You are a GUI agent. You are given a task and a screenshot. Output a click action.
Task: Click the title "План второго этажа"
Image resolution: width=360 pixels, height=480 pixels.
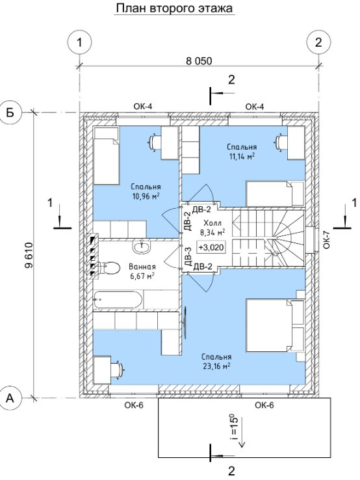(x=174, y=8)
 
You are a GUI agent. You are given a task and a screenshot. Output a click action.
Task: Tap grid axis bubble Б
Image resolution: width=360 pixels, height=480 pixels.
(x=10, y=113)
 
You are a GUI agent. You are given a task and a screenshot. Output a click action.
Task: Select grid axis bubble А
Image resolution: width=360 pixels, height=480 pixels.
(x=10, y=398)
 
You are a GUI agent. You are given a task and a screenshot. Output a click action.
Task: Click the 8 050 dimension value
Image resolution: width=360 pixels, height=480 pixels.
(x=199, y=61)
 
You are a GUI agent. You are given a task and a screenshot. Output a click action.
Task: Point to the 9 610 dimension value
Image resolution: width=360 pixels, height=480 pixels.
(x=29, y=256)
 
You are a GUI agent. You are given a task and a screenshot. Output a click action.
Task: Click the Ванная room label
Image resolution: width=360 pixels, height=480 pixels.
(x=142, y=267)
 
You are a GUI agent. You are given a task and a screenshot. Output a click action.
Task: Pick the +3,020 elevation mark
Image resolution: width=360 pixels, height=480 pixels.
(x=211, y=247)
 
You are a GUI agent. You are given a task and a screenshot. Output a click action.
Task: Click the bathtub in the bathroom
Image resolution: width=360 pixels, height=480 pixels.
(x=118, y=300)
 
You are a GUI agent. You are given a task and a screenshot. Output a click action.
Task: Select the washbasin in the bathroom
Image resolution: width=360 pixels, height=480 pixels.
(x=142, y=247)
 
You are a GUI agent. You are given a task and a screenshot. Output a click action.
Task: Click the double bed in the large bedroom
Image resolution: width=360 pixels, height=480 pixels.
(x=275, y=326)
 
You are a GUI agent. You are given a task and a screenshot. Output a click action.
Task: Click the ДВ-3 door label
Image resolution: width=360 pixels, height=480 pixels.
(x=188, y=256)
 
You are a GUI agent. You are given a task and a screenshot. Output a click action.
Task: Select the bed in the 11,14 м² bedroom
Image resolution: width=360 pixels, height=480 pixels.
(x=275, y=193)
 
